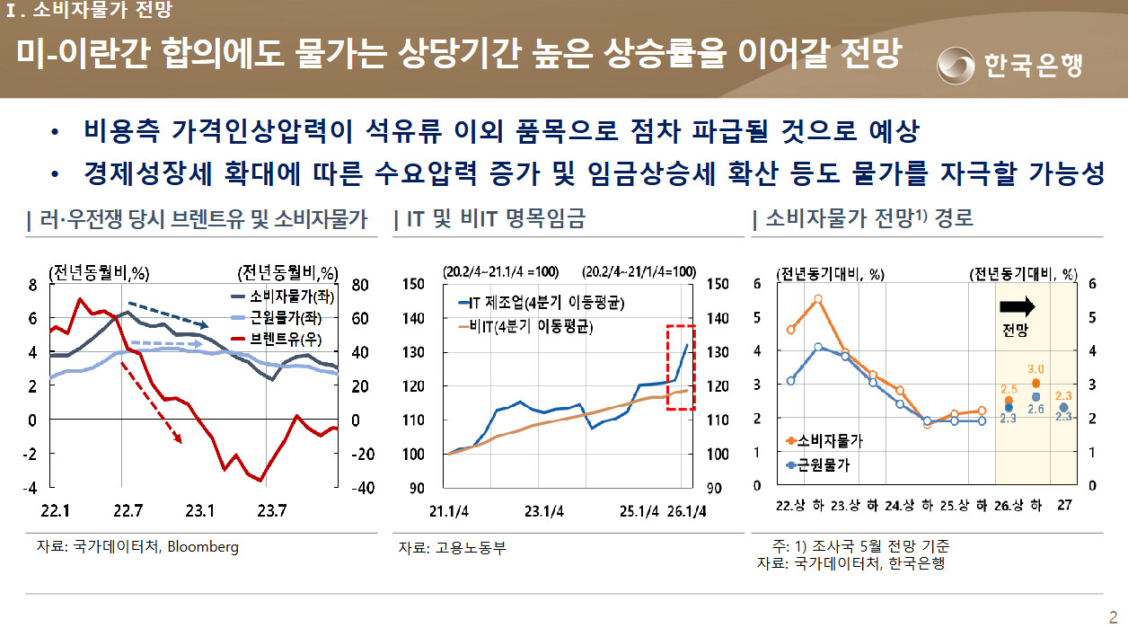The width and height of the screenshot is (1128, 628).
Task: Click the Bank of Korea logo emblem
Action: coord(956,66)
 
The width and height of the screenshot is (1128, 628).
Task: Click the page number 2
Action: coord(1113,617)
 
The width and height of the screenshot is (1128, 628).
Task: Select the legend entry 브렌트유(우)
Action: coord(277,339)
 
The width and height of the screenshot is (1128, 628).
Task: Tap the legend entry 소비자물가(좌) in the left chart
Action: coord(283,296)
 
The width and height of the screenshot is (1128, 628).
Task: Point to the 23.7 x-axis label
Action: coord(272,510)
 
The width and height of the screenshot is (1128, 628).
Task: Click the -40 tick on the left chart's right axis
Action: coord(363,488)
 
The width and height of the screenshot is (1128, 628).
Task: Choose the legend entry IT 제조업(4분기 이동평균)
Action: coord(542,303)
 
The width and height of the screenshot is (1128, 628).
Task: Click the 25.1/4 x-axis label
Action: coord(639,511)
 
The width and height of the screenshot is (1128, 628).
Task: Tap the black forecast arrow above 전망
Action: coord(1018,306)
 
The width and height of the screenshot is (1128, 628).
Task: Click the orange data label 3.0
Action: coord(1035,369)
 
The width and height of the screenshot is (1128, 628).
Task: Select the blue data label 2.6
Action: coord(1035,409)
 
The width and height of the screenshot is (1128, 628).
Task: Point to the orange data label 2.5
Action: coord(1009,389)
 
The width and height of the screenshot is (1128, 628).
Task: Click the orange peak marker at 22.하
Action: coord(818,299)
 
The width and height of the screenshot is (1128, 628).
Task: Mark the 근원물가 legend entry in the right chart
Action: coord(818,464)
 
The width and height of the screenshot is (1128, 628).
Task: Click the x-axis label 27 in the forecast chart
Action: coord(1064,505)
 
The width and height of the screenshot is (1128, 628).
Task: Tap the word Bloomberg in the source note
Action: coord(203,547)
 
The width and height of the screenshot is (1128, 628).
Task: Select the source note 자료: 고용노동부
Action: coord(452,547)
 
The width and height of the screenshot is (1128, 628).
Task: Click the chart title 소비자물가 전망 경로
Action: coord(869,218)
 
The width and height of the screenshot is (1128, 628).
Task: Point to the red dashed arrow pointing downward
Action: coord(151,402)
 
